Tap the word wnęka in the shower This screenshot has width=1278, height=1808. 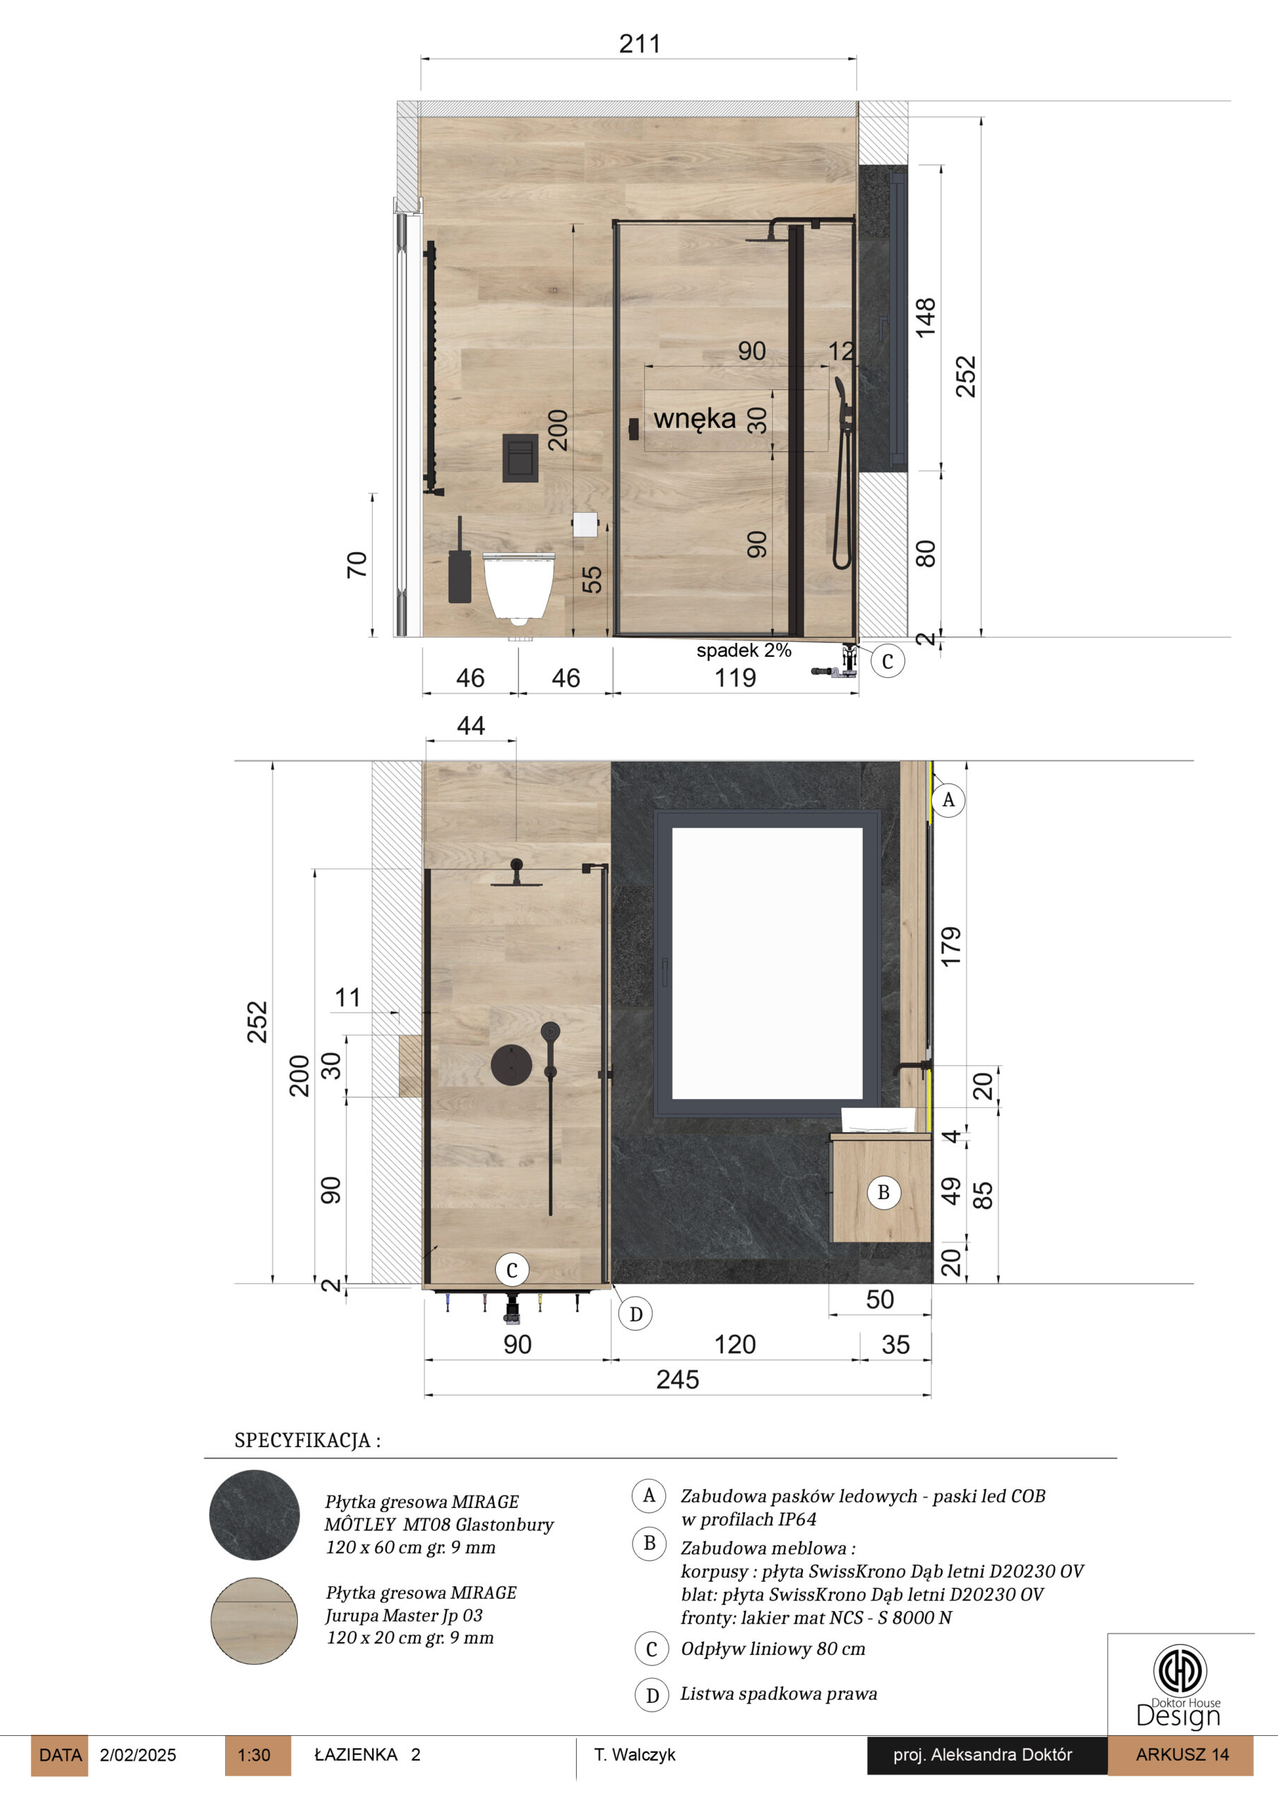pyautogui.click(x=695, y=418)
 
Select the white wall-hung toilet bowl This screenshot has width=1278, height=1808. pyautogui.click(x=518, y=588)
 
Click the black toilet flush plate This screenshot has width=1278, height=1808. pyautogui.click(x=520, y=458)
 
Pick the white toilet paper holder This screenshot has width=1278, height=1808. pyautogui.click(x=585, y=525)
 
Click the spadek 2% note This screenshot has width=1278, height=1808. pyautogui.click(x=743, y=650)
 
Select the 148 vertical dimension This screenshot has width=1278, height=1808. pyautogui.click(x=924, y=317)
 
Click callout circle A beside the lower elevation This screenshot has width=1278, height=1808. pyautogui.click(x=948, y=800)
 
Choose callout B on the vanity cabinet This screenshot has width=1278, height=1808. pyautogui.click(x=883, y=1193)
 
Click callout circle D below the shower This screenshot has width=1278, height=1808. pyautogui.click(x=635, y=1314)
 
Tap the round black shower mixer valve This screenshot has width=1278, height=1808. pyautogui.click(x=511, y=1066)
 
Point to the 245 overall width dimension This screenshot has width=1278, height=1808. pyautogui.click(x=677, y=1379)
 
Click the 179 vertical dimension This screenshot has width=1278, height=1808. pyautogui.click(x=950, y=946)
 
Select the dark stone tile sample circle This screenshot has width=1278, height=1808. pyautogui.click(x=254, y=1515)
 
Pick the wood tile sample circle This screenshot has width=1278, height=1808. pyautogui.click(x=254, y=1621)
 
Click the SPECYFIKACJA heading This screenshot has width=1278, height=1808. pyautogui.click(x=307, y=1440)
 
